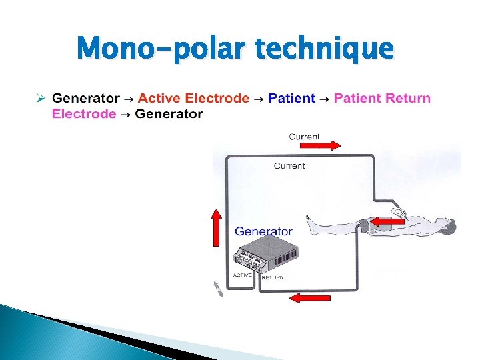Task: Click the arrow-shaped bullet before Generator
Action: pos(40,99)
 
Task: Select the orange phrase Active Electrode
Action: pos(193,99)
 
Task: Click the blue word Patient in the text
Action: pos(291,99)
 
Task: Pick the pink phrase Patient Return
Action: pos(382,99)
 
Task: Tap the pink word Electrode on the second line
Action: pos(84,114)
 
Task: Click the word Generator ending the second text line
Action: pos(169,114)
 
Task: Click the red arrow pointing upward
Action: pos(217,227)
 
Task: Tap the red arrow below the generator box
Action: pos(309,297)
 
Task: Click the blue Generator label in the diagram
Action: pos(263,232)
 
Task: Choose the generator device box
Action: pos(265,256)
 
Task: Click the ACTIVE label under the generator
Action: pos(242,275)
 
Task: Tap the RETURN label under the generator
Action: pos(273,277)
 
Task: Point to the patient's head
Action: pos(447,227)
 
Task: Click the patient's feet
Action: pos(310,224)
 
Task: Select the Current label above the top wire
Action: pos(304,136)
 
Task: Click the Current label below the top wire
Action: pos(289,165)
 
